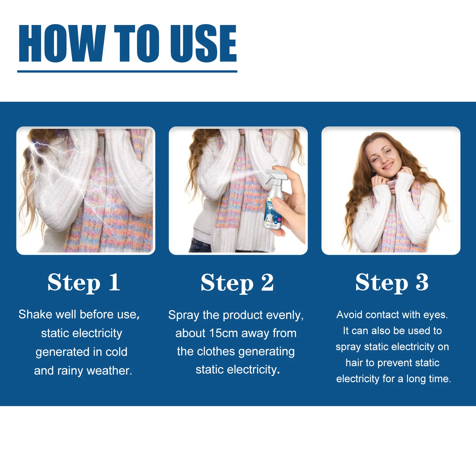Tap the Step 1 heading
(84, 283)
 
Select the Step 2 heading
(237, 283)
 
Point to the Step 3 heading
(392, 283)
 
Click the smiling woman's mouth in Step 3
(388, 166)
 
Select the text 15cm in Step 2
(223, 333)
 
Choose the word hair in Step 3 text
(354, 363)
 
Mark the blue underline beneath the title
(127, 71)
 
